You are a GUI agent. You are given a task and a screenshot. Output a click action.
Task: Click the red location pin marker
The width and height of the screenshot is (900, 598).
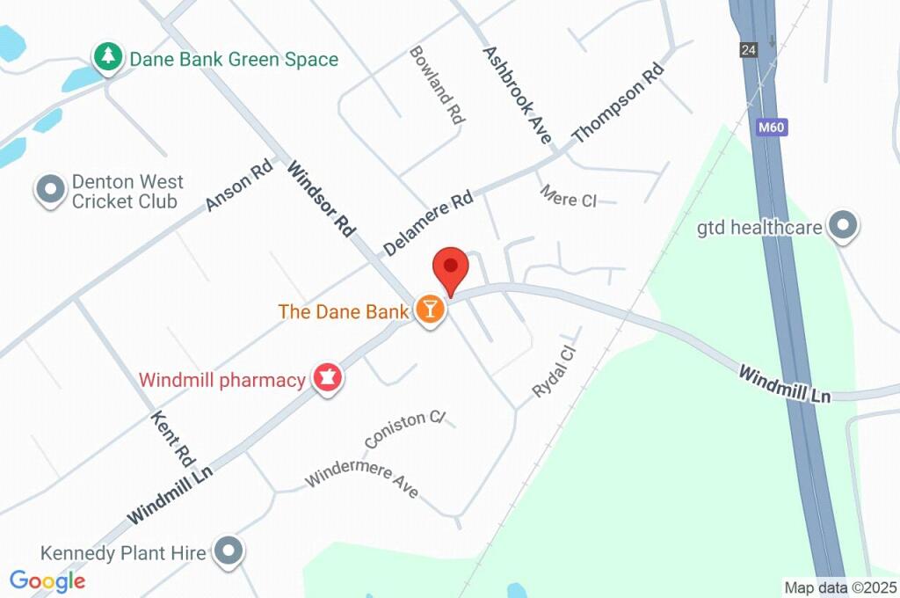coord(451,266)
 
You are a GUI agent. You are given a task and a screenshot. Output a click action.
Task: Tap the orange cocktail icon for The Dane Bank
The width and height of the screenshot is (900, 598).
coord(430,310)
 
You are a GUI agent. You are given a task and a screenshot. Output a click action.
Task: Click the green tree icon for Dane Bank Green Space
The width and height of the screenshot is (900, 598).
coord(108,58)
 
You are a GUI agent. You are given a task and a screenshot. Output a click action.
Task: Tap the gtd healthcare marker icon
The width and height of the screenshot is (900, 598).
coord(844,226)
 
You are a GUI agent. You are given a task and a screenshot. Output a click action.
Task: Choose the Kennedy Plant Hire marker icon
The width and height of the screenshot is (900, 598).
coord(229,551)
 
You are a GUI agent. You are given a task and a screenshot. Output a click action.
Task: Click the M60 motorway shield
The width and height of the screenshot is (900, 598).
coord(771,128)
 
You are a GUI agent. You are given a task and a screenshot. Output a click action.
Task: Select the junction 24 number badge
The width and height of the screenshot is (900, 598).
coord(748,50)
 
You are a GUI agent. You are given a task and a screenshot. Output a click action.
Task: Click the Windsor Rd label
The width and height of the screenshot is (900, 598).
coord(321,200)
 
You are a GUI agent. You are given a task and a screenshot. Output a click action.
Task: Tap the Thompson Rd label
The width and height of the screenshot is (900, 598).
coord(616,105)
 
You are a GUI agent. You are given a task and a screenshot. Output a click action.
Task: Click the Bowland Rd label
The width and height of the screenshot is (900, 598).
coord(436,85)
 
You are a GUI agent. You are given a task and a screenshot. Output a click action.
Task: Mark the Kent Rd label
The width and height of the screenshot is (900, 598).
coord(172,437)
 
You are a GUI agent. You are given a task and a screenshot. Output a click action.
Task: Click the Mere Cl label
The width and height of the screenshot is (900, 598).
coord(568,196)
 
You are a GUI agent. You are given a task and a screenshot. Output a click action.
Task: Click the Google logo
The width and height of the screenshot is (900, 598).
coord(47,580)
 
